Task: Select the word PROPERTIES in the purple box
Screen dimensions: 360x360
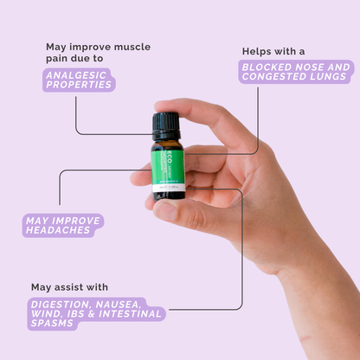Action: (x=79, y=86)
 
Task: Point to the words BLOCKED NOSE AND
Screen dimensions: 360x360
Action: (x=297, y=66)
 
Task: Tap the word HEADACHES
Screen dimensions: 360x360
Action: (x=63, y=231)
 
